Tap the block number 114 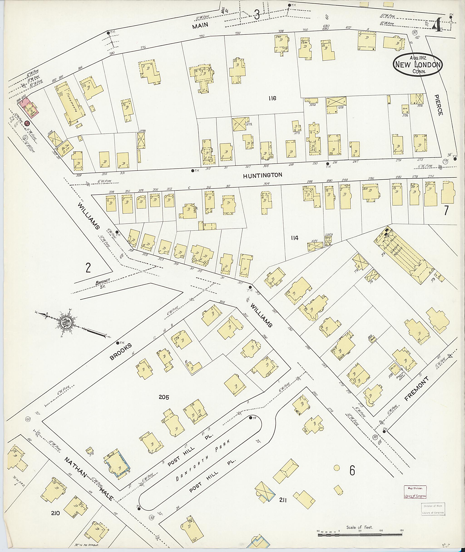294,238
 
